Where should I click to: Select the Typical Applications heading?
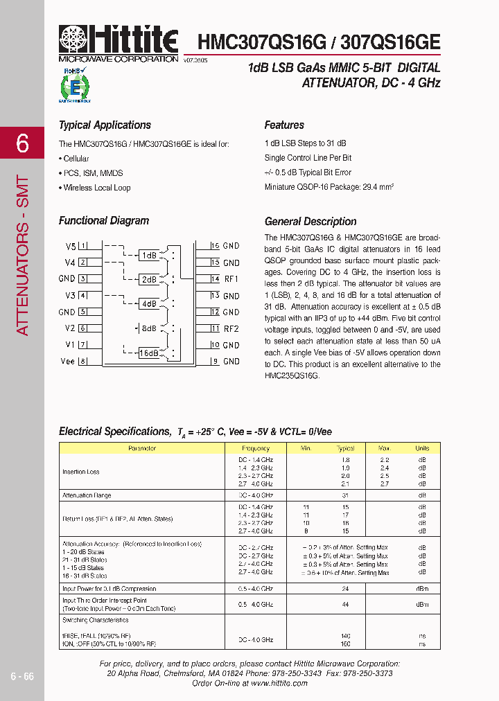(x=105, y=125)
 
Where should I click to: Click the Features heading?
(x=284, y=125)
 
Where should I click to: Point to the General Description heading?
(x=310, y=222)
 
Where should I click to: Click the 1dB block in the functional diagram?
(x=149, y=255)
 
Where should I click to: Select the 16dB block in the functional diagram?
(x=149, y=353)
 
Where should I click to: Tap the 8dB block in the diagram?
(x=148, y=328)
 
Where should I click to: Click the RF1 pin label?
(x=231, y=279)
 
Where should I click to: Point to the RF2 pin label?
(x=231, y=329)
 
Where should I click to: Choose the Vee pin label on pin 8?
(x=67, y=362)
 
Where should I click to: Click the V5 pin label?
(x=70, y=247)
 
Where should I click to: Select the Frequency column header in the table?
(x=256, y=449)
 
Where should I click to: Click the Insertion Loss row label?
(x=81, y=472)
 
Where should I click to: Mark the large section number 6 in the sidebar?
(x=22, y=143)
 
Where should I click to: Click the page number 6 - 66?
(x=22, y=676)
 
